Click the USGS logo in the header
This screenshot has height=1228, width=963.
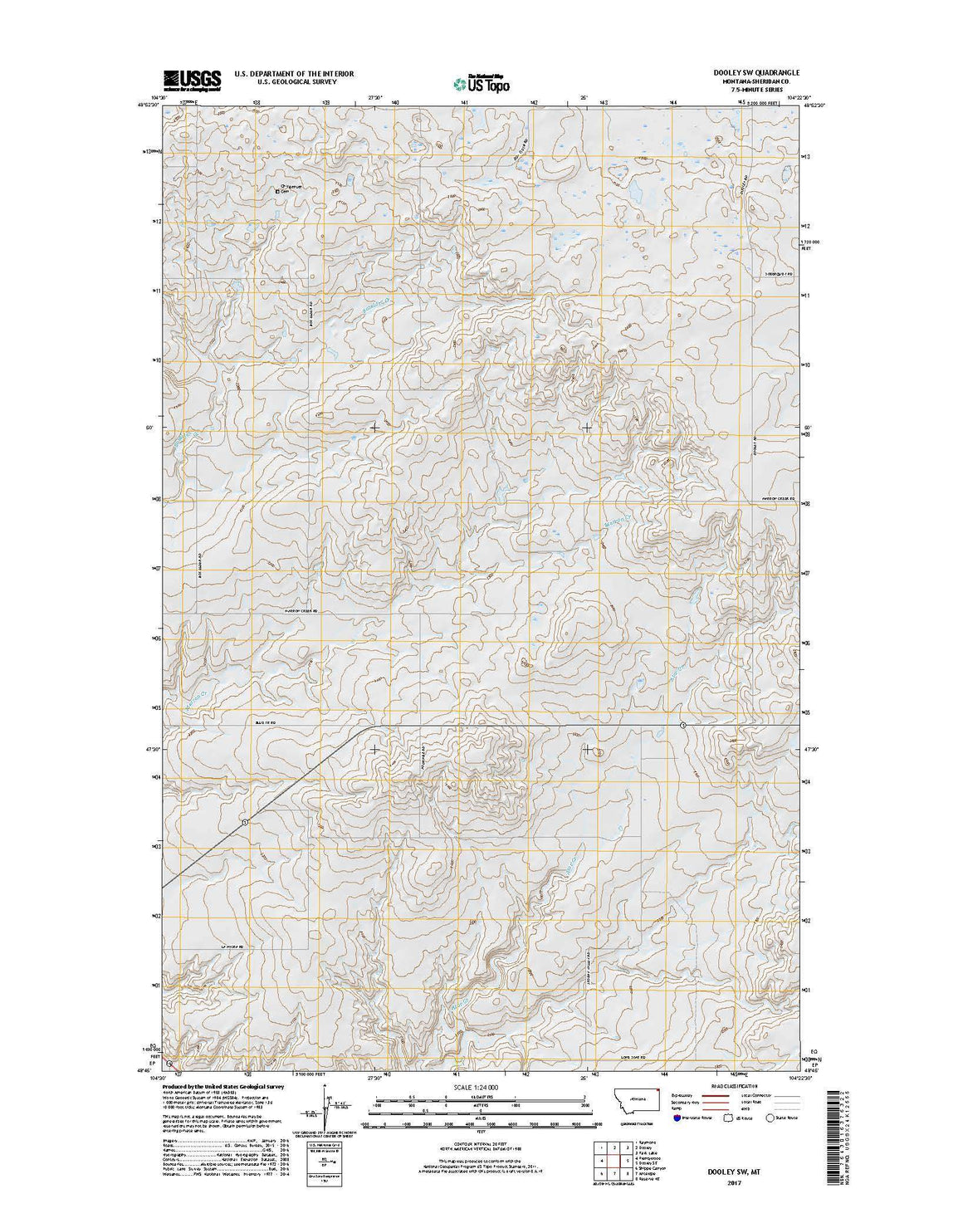click(192, 80)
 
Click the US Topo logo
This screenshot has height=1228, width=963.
click(481, 83)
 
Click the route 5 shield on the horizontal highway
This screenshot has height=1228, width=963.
click(682, 726)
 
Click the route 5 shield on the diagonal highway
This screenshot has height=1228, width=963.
click(245, 822)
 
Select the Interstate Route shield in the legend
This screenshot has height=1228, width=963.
click(677, 1118)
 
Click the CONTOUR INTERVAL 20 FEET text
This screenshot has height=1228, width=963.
click(481, 1137)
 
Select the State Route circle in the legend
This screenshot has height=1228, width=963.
click(770, 1118)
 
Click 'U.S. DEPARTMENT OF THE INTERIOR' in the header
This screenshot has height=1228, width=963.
click(294, 74)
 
